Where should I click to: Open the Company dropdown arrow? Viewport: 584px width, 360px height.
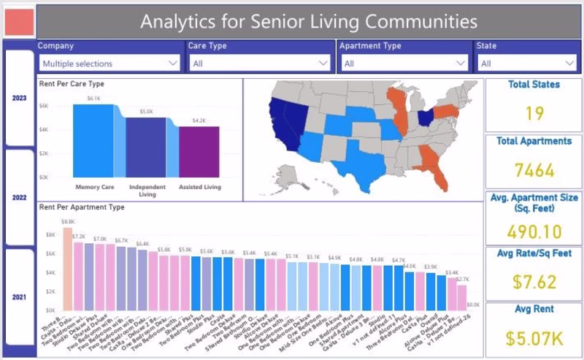[x=173, y=64]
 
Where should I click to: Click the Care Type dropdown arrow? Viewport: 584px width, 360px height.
[x=323, y=64]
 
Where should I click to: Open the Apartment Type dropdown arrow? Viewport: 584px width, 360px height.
[x=460, y=64]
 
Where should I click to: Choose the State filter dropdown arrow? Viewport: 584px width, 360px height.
[x=567, y=64]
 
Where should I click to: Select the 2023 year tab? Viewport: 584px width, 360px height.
[x=19, y=98]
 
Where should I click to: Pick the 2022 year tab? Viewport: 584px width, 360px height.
[x=19, y=197]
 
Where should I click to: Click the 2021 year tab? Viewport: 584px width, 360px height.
[x=19, y=297]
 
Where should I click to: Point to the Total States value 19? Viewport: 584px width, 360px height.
[x=534, y=113]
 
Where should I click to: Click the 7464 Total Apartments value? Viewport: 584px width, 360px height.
[x=534, y=171]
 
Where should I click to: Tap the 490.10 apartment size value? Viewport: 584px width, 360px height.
[x=534, y=231]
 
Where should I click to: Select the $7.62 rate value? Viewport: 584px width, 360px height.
[x=534, y=282]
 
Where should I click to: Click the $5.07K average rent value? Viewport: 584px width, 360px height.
[x=534, y=337]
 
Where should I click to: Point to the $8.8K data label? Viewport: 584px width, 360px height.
[x=68, y=221]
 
